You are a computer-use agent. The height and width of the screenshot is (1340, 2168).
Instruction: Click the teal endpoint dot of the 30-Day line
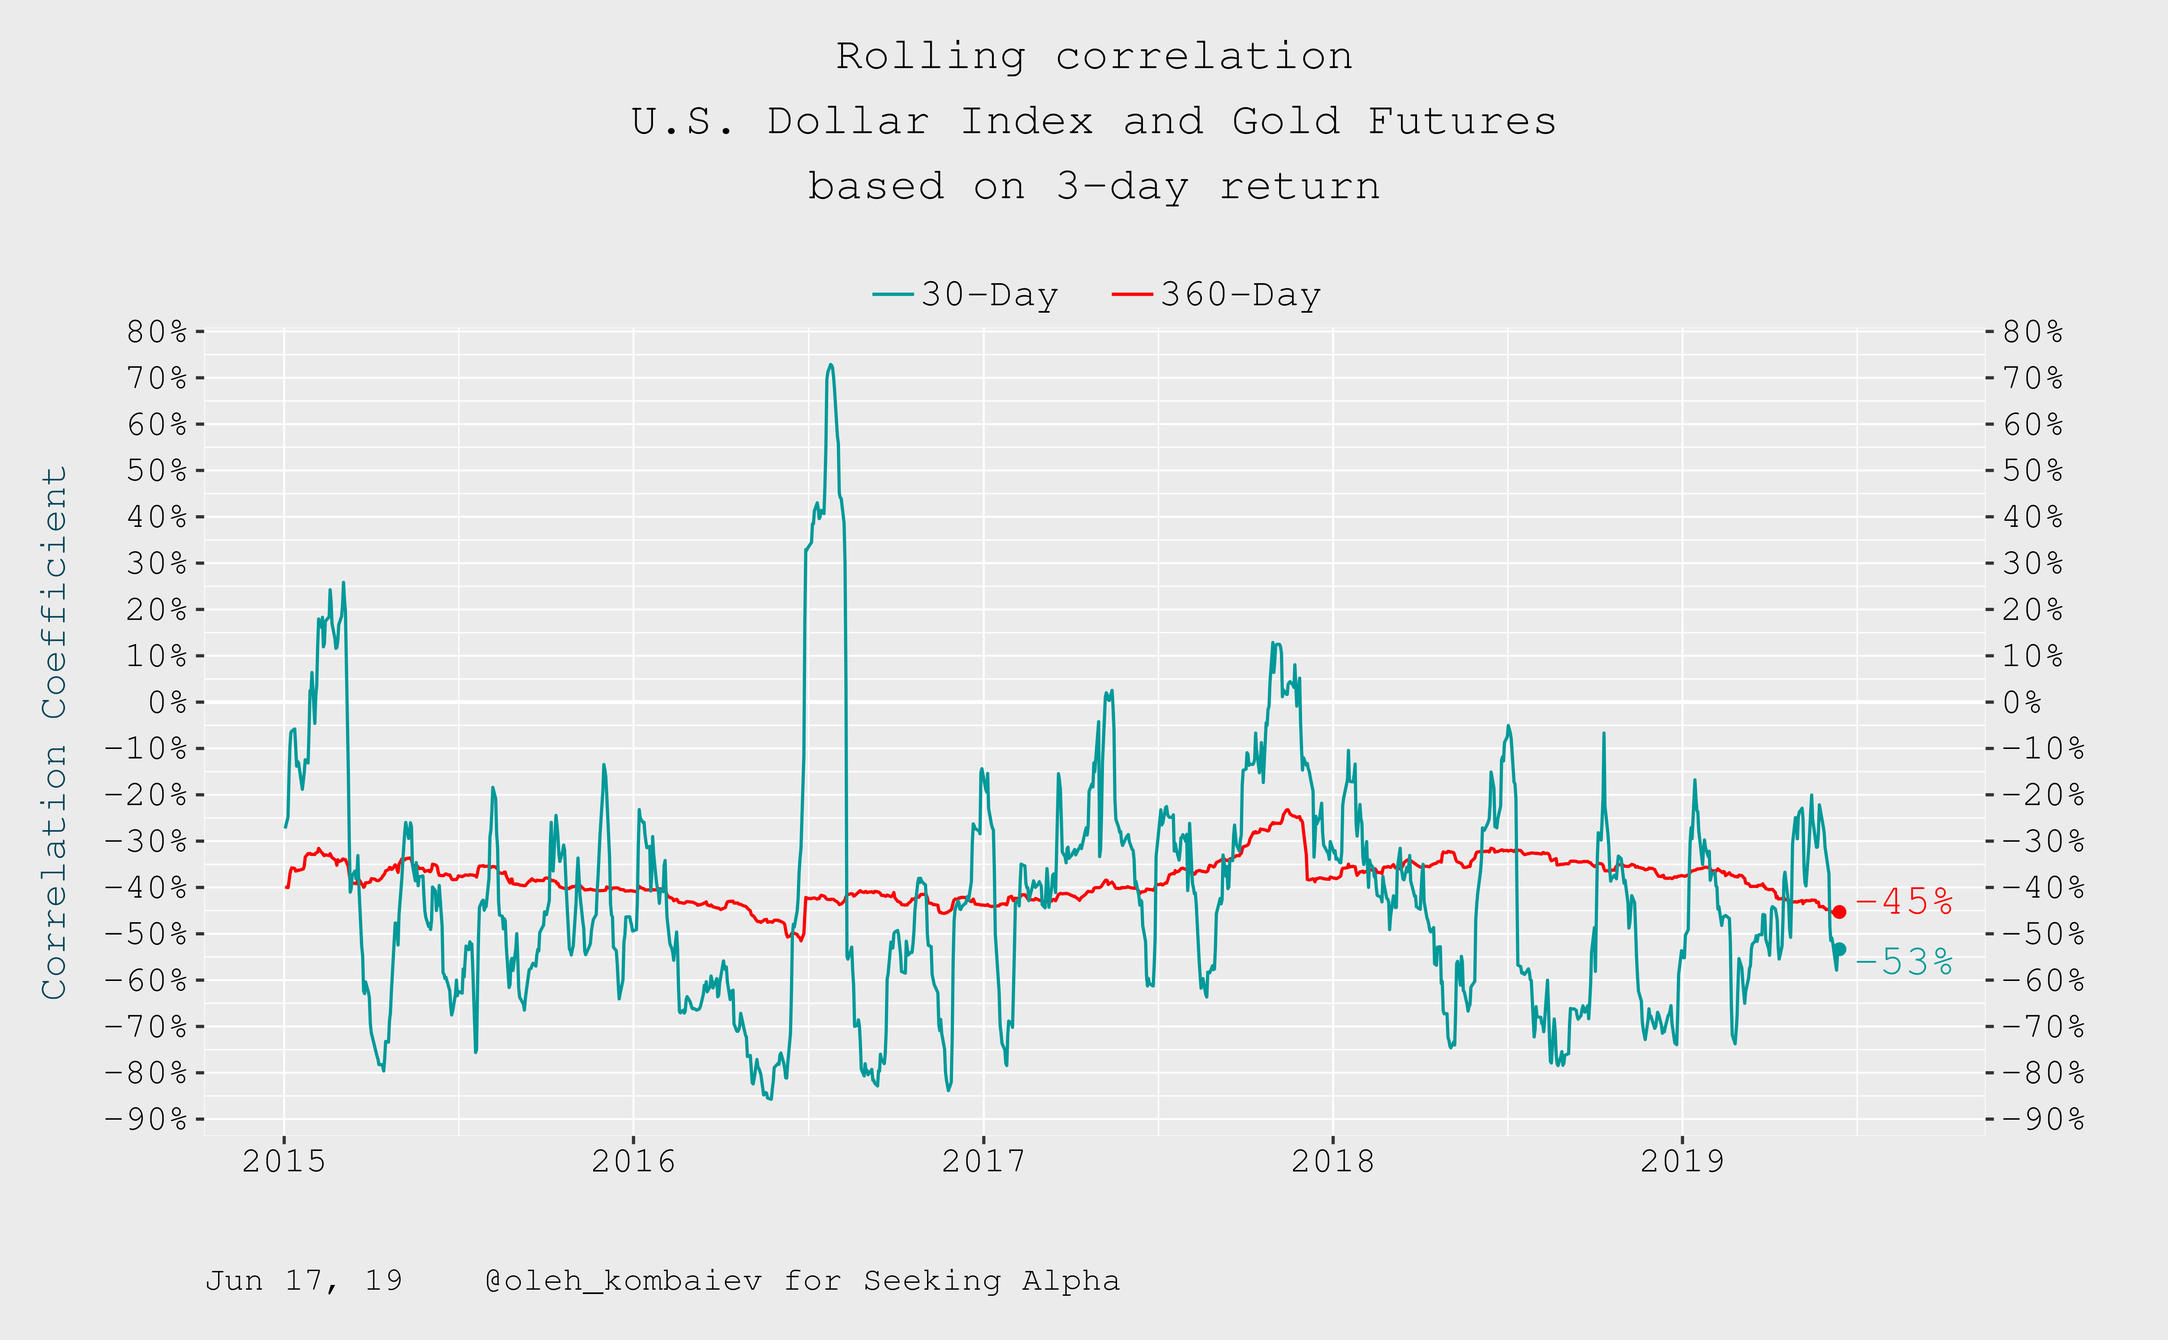(1839, 949)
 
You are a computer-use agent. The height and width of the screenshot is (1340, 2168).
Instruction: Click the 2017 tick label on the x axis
(983, 1161)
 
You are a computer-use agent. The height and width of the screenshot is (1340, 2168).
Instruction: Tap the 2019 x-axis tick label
(1682, 1161)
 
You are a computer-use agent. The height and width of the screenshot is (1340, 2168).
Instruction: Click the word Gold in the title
(1286, 121)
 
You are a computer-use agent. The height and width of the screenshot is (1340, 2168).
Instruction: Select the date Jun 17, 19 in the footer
(304, 1281)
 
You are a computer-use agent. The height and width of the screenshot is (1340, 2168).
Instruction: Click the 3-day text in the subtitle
(1122, 186)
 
